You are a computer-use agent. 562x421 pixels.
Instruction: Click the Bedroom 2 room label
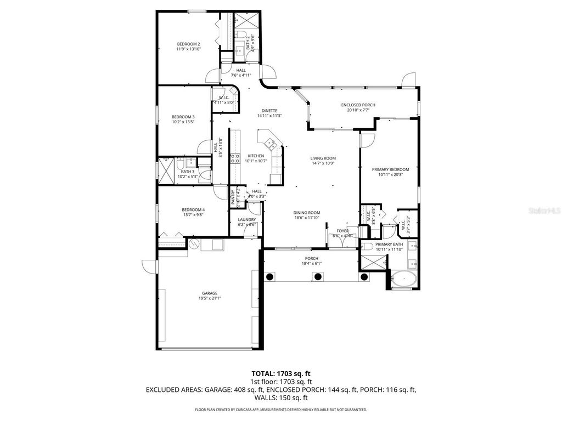click(188, 44)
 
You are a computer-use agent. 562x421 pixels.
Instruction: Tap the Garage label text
click(209, 293)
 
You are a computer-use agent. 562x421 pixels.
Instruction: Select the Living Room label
click(323, 158)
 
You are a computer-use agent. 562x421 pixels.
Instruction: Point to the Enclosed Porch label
click(358, 105)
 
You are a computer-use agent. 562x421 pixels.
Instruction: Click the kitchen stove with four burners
click(234, 159)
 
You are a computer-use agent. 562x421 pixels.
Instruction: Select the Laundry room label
click(247, 219)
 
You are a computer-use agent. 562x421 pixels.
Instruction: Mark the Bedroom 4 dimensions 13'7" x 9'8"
click(193, 215)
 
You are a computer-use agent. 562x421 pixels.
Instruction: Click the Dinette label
click(269, 110)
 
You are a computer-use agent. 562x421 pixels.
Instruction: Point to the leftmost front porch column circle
click(270, 277)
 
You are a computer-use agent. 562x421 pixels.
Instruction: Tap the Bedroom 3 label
click(183, 117)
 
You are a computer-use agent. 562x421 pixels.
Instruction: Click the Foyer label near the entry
click(342, 231)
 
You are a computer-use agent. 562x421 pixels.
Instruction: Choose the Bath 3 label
click(188, 172)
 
